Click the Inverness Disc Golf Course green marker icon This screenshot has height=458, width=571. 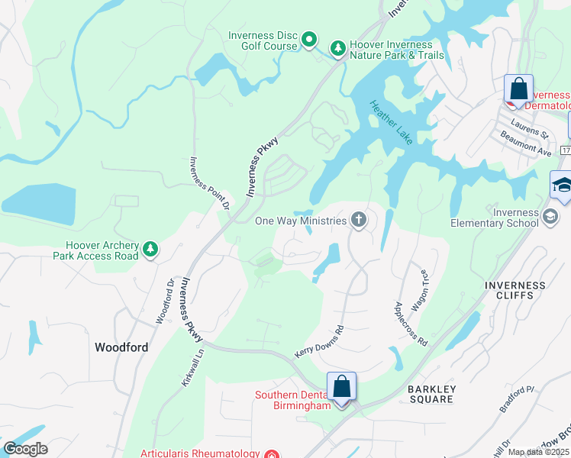point(309,39)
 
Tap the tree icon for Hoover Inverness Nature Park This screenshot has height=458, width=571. point(337,50)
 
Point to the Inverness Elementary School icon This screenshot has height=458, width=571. point(550,218)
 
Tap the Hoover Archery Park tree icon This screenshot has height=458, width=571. point(151,248)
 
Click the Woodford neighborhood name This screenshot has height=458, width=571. point(121,347)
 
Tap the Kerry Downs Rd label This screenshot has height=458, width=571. point(319,343)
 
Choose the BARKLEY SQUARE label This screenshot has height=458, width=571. point(431,395)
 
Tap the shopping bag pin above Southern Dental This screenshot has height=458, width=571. point(342,387)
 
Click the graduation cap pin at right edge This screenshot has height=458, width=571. point(561,186)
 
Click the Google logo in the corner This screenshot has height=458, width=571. point(24,449)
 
